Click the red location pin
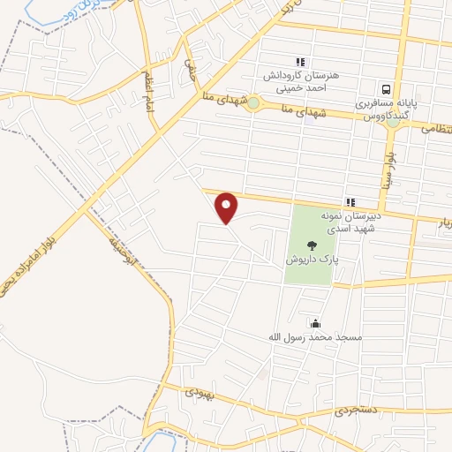coord(228,207)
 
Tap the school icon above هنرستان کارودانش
coord(300,62)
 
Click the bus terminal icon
coord(386,89)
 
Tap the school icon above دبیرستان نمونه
coord(350,202)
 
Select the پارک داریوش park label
coord(309,261)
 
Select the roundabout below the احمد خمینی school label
coord(253,103)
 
